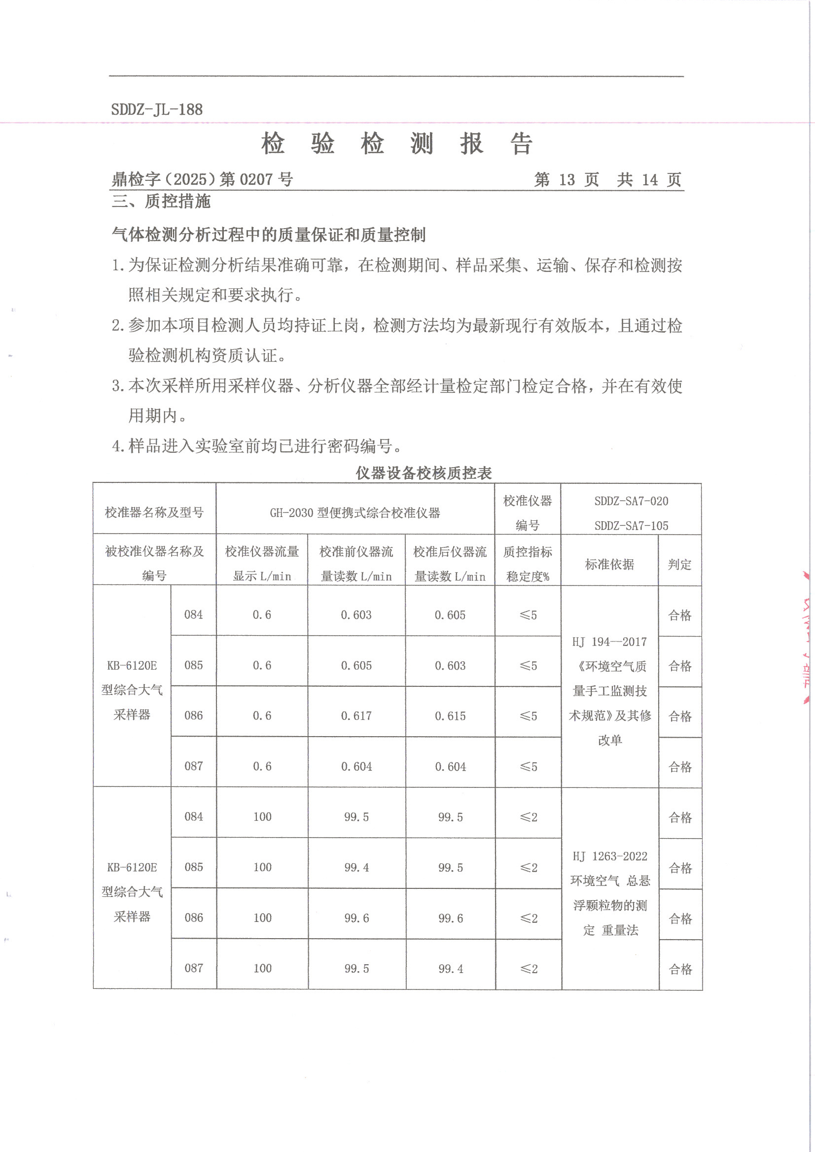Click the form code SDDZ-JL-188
point(157,109)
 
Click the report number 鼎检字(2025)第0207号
point(202,179)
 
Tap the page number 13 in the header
point(567,180)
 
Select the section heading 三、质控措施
point(161,201)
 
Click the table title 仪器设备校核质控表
point(424,473)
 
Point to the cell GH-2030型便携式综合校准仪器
point(355,513)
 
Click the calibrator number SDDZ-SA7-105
point(631,526)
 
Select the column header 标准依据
point(609,565)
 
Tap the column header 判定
point(679,565)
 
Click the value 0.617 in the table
point(356,716)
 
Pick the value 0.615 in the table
point(450,716)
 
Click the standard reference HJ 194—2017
point(609,642)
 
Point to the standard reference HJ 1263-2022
point(609,856)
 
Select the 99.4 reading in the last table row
point(451,969)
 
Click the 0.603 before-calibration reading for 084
point(356,615)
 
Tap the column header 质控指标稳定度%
point(527,564)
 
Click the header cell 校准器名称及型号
point(154,512)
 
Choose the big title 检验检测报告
point(397,144)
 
